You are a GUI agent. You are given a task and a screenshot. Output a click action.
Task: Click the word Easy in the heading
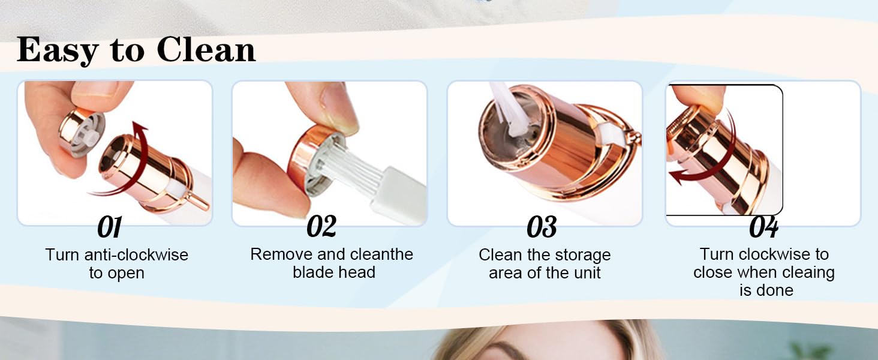[x=58, y=50]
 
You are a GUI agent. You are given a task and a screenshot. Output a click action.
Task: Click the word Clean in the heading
[x=207, y=50]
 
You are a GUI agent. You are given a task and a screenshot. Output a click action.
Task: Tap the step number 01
[x=109, y=228]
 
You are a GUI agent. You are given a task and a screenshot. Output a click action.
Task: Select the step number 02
[x=321, y=227]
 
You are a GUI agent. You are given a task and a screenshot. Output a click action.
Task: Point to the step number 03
[x=542, y=228]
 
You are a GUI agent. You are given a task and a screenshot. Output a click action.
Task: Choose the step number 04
[x=763, y=228]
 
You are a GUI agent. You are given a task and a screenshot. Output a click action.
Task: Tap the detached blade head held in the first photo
[x=83, y=133]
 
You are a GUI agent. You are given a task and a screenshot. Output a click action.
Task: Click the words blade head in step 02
[x=334, y=272]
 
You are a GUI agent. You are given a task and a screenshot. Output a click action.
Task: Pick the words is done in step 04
[x=766, y=290]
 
